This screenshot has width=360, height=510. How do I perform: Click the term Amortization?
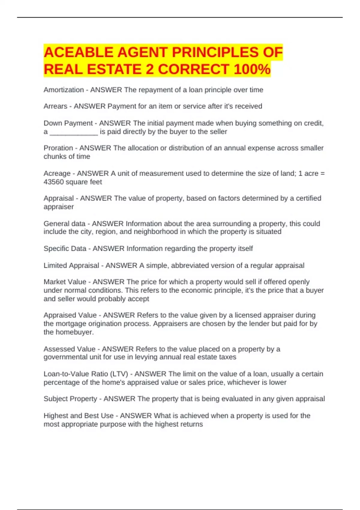coord(64,90)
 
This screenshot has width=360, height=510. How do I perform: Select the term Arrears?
coord(55,106)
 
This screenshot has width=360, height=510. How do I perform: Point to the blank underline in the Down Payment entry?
coord(74,132)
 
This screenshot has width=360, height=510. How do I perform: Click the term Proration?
coord(58,148)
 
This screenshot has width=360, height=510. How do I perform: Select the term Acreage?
coord(57,173)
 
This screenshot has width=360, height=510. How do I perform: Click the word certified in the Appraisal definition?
coord(308,198)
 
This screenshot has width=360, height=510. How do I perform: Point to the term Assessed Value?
coord(69,349)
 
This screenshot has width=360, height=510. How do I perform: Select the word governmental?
coord(65,357)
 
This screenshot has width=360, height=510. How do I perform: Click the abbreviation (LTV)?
coord(119,374)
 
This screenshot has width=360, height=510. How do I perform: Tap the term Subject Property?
coord(70,399)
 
